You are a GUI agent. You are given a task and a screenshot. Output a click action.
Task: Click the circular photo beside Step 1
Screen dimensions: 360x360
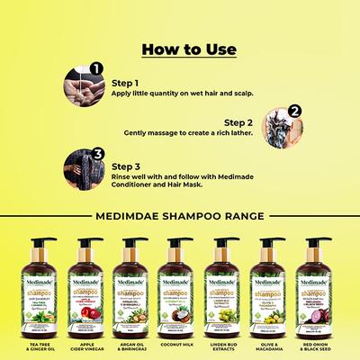pyautogui.click(x=78, y=87)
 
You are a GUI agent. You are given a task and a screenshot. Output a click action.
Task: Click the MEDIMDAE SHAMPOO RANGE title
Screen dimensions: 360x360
pyautogui.click(x=179, y=216)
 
